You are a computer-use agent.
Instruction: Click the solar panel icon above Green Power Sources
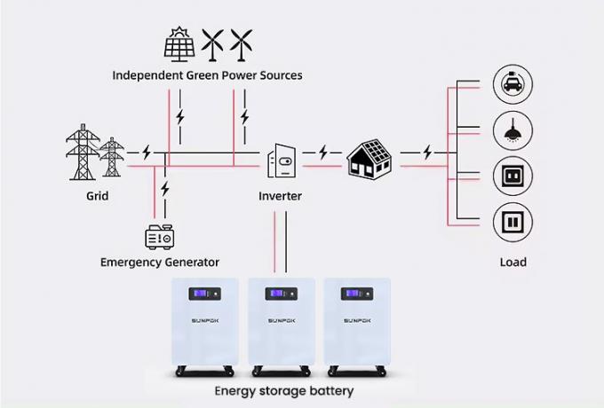180,43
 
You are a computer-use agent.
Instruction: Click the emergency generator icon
159,237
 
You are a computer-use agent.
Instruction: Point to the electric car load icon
512,85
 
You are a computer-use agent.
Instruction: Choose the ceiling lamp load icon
512,130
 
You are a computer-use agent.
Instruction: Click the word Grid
98,195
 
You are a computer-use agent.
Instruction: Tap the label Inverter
281,195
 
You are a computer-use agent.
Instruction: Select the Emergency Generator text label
160,263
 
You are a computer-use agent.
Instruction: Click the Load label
513,262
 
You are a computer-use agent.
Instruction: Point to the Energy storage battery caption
284,390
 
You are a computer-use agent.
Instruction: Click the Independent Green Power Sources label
207,75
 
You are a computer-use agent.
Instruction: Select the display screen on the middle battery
281,294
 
